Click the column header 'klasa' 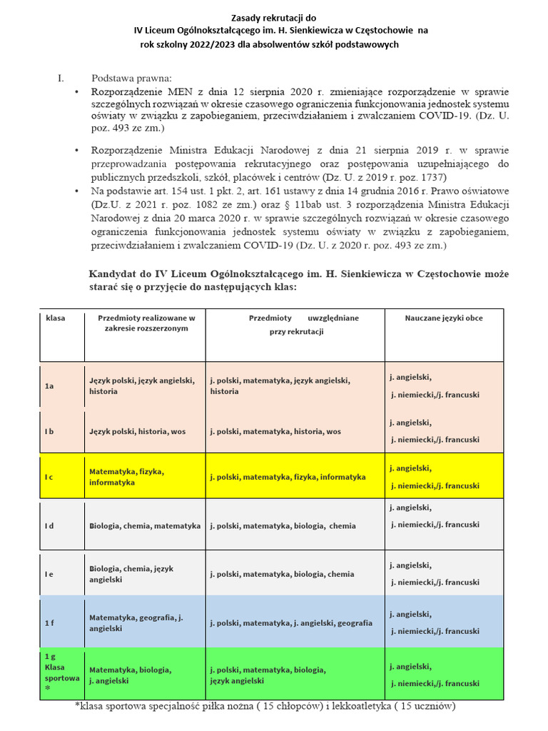point(55,318)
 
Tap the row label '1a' point(49,386)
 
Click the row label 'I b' point(49,432)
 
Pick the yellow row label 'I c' point(49,477)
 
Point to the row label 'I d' point(49,526)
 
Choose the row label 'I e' point(49,574)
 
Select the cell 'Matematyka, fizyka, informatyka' point(126,477)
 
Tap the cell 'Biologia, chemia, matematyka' point(145,526)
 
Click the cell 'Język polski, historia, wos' point(137,432)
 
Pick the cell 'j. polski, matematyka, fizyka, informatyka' point(288,477)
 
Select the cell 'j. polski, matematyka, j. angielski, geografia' point(291,623)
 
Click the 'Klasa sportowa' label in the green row point(61,672)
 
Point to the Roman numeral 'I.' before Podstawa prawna point(61,79)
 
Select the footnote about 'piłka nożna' point(264,707)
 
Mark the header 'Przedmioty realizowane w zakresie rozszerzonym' point(146,323)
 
